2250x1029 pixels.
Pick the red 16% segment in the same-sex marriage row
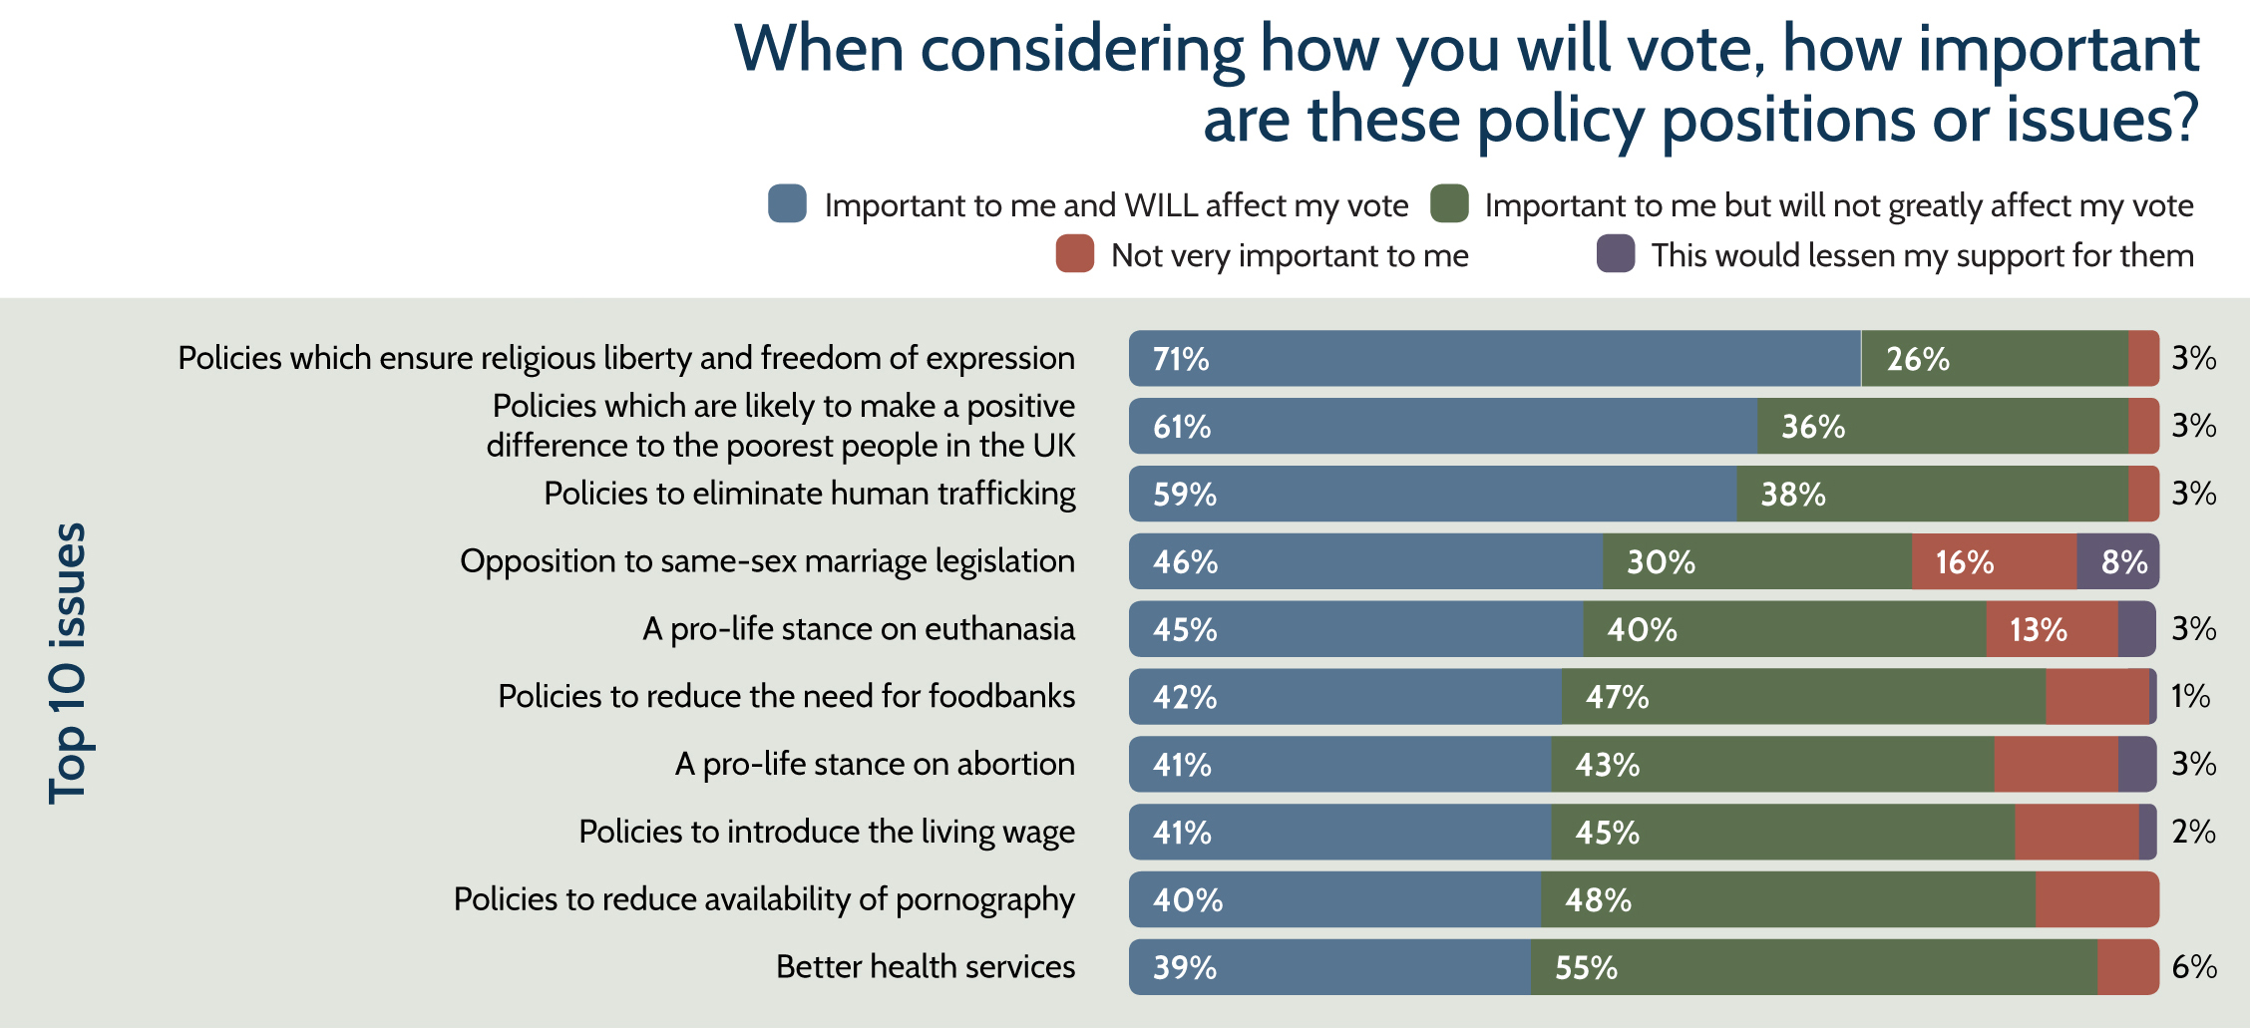(1994, 561)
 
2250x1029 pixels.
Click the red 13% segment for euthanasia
(2051, 629)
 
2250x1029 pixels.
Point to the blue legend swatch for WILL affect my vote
(787, 204)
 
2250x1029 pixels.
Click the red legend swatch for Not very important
(1074, 254)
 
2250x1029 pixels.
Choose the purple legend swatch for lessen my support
(1615, 254)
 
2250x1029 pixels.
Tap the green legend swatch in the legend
(1448, 204)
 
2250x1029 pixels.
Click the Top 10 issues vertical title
(68, 663)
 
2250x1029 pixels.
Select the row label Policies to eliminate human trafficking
(809, 494)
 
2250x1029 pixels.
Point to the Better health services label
(925, 967)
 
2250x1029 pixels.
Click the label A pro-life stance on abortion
(874, 765)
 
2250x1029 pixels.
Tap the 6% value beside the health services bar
(2194, 967)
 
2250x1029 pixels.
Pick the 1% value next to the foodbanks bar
(2190, 696)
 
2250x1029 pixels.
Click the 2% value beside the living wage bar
(2193, 832)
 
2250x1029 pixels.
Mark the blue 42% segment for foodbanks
(1344, 697)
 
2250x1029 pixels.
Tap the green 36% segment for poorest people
(1941, 427)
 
